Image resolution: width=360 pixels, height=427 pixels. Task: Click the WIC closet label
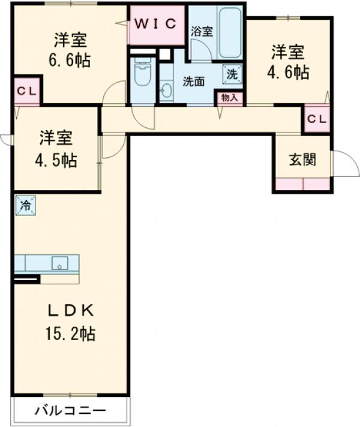pyautogui.click(x=155, y=23)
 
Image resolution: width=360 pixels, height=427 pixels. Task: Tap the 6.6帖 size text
pyautogui.click(x=70, y=61)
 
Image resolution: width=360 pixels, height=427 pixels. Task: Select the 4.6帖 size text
pyautogui.click(x=288, y=72)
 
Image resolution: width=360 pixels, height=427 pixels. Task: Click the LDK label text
pyautogui.click(x=71, y=311)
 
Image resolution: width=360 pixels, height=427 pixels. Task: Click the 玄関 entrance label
pyautogui.click(x=302, y=160)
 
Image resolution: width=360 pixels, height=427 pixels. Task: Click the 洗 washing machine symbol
pyautogui.click(x=232, y=74)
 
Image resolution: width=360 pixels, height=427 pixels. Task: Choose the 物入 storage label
pyautogui.click(x=229, y=98)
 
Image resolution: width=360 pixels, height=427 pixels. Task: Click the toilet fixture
pyautogui.click(x=142, y=75)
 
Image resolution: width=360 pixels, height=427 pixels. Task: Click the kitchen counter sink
pyautogui.click(x=59, y=263)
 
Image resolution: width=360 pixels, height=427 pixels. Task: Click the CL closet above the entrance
pyautogui.click(x=317, y=119)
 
